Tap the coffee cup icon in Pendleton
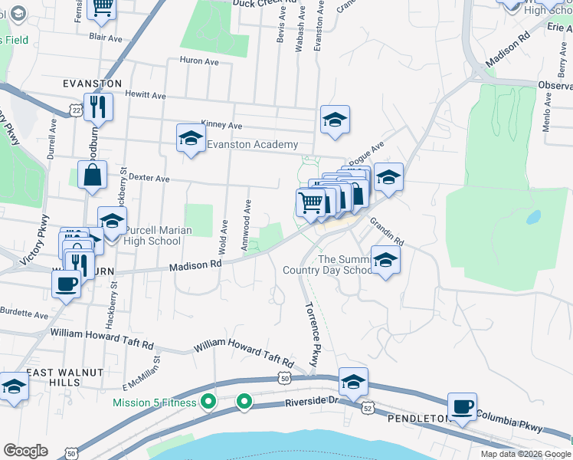(x=462, y=406)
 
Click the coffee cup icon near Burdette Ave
(x=67, y=284)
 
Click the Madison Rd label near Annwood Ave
(x=195, y=264)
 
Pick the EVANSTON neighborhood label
(x=93, y=83)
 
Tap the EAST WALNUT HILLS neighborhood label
(x=54, y=377)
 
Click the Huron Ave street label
(x=199, y=61)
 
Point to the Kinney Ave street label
(x=221, y=125)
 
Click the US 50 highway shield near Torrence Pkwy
(x=284, y=379)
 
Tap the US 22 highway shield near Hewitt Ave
(x=75, y=111)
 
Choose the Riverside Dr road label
(x=312, y=402)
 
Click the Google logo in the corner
(x=26, y=451)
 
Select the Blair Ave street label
(x=106, y=37)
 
